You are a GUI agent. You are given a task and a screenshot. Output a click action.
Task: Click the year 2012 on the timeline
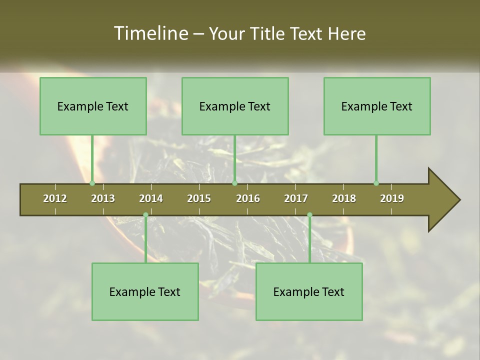55,198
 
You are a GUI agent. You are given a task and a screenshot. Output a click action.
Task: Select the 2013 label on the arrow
103,198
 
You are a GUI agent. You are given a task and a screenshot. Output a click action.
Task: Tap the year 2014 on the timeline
151,198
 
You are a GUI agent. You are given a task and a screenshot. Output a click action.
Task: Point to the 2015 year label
199,198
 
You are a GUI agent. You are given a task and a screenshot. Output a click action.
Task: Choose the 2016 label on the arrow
248,198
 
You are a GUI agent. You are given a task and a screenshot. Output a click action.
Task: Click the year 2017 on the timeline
296,198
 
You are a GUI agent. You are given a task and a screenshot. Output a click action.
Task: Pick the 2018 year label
344,198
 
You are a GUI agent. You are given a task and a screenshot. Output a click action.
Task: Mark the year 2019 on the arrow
392,198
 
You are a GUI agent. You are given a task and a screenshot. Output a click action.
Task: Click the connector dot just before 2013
92,183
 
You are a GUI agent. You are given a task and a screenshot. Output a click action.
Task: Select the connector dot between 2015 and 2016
234,183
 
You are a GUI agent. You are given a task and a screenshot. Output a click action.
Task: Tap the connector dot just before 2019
376,183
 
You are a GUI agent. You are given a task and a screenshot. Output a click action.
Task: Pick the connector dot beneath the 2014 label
145,215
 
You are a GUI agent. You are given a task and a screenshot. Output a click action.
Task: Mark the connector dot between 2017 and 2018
309,215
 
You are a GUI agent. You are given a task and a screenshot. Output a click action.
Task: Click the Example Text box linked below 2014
145,291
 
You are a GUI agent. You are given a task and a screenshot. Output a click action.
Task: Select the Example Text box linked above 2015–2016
235,106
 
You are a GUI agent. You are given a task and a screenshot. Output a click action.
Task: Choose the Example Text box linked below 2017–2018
309,291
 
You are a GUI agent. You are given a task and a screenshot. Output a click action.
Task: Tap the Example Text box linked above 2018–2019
377,106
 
